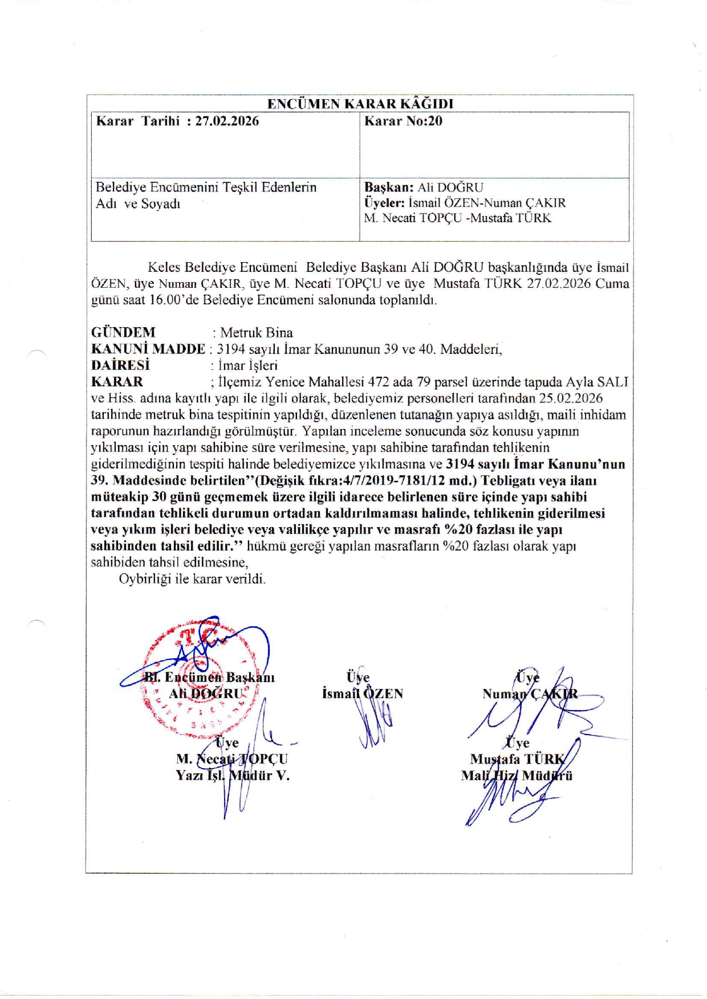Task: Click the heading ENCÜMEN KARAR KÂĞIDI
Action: pyautogui.click(x=360, y=104)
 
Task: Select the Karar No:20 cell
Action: pyautogui.click(x=403, y=121)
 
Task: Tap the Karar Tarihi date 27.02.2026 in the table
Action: pyautogui.click(x=227, y=121)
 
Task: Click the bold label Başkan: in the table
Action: pyautogui.click(x=389, y=187)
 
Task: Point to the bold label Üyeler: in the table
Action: pyautogui.click(x=384, y=203)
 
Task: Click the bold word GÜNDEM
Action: pyautogui.click(x=123, y=332)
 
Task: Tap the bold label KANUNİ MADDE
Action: pyautogui.click(x=148, y=349)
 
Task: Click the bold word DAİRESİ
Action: pyautogui.click(x=120, y=365)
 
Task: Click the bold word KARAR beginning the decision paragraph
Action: pyautogui.click(x=117, y=382)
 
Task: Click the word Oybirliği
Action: pyautogui.click(x=145, y=579)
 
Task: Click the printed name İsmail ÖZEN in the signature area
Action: pyautogui.click(x=363, y=694)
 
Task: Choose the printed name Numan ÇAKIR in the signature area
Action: pyautogui.click(x=530, y=694)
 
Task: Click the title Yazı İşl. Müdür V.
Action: pyautogui.click(x=233, y=776)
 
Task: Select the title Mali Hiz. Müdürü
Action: pyautogui.click(x=517, y=776)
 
